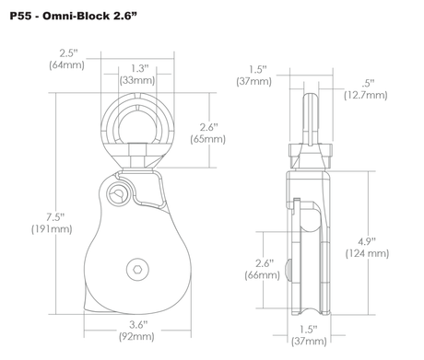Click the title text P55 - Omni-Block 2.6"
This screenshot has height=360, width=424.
(73, 16)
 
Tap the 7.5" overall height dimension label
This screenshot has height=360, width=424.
(55, 217)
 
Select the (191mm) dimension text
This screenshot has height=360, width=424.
(52, 229)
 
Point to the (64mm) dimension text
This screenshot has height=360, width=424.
(66, 65)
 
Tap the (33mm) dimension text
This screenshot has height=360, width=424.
(137, 80)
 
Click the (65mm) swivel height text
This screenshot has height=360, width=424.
(208, 139)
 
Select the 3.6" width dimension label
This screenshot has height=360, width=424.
(138, 324)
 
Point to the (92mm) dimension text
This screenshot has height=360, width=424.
(136, 337)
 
